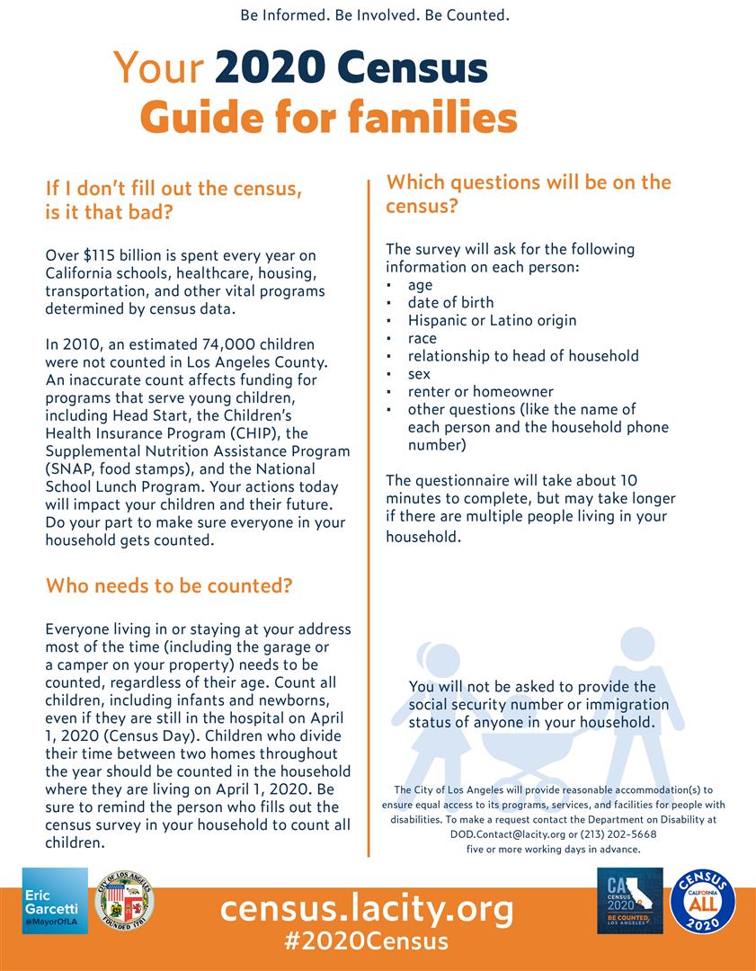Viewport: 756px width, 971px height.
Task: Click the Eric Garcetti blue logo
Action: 55,900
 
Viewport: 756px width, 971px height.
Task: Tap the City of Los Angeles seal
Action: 124,900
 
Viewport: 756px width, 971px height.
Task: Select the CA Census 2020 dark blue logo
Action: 629,900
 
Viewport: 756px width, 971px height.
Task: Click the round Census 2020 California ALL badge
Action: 702,900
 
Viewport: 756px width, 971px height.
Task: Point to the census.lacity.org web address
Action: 367,908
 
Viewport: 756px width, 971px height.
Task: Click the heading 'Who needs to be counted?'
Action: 169,586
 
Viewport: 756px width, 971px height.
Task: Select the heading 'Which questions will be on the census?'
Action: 529,193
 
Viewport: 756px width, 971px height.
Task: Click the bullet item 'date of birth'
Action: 450,302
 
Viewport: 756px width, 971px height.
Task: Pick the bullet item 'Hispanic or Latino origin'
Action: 492,320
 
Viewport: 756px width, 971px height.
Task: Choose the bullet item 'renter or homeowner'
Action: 480,391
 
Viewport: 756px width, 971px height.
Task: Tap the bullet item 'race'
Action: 422,338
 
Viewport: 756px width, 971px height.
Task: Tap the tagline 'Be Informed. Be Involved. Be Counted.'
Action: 375,15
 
